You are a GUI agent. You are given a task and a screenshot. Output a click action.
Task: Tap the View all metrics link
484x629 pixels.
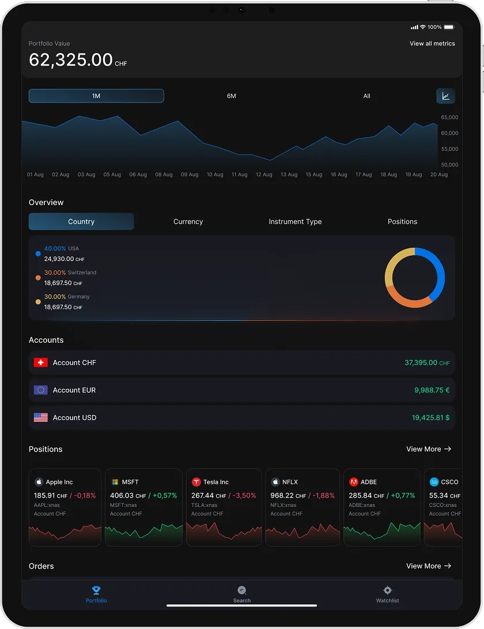(x=432, y=44)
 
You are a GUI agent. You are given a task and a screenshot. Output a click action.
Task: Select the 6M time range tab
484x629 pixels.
(x=232, y=96)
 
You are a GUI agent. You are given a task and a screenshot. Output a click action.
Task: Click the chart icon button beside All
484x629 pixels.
(x=445, y=96)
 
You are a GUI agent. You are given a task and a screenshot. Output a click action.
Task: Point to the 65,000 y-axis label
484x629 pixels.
(x=449, y=118)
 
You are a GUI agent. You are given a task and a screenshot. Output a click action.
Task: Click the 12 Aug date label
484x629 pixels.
(x=264, y=175)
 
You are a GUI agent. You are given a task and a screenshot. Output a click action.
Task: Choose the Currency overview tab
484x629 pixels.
(x=188, y=222)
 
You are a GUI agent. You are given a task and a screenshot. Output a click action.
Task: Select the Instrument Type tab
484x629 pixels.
(x=295, y=222)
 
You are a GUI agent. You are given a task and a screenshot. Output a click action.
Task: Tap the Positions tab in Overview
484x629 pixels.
(x=402, y=222)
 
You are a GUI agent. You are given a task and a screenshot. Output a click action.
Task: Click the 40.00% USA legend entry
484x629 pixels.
(x=61, y=249)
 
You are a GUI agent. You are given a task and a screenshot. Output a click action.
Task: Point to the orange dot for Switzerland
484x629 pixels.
(x=38, y=278)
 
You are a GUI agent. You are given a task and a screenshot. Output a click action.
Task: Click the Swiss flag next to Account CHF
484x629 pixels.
(x=41, y=363)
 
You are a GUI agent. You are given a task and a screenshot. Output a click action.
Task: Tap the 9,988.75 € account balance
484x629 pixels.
(x=432, y=391)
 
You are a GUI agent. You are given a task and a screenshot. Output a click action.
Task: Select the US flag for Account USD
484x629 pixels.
(x=41, y=418)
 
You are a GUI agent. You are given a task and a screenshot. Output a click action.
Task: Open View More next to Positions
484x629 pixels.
(x=429, y=449)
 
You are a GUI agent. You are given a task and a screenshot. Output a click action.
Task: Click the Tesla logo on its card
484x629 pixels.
(x=196, y=482)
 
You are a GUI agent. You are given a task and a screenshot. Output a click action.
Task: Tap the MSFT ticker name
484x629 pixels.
(x=130, y=482)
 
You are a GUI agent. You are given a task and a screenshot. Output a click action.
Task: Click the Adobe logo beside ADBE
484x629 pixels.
(x=354, y=482)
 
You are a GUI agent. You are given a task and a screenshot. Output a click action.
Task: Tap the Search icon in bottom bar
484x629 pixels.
(x=242, y=590)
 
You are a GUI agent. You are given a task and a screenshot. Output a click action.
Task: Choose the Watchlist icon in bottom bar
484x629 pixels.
(x=387, y=590)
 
